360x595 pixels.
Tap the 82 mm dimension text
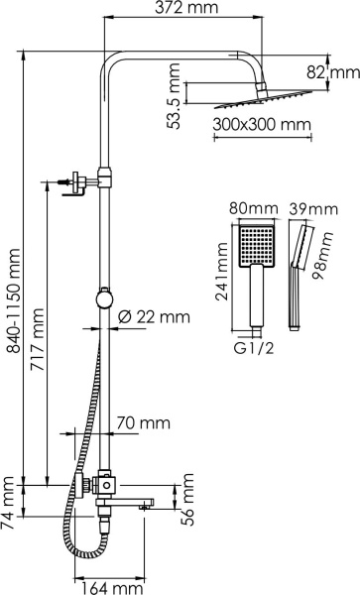point(343,71)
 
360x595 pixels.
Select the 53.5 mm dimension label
point(175,96)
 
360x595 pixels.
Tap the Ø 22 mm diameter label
point(154,317)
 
